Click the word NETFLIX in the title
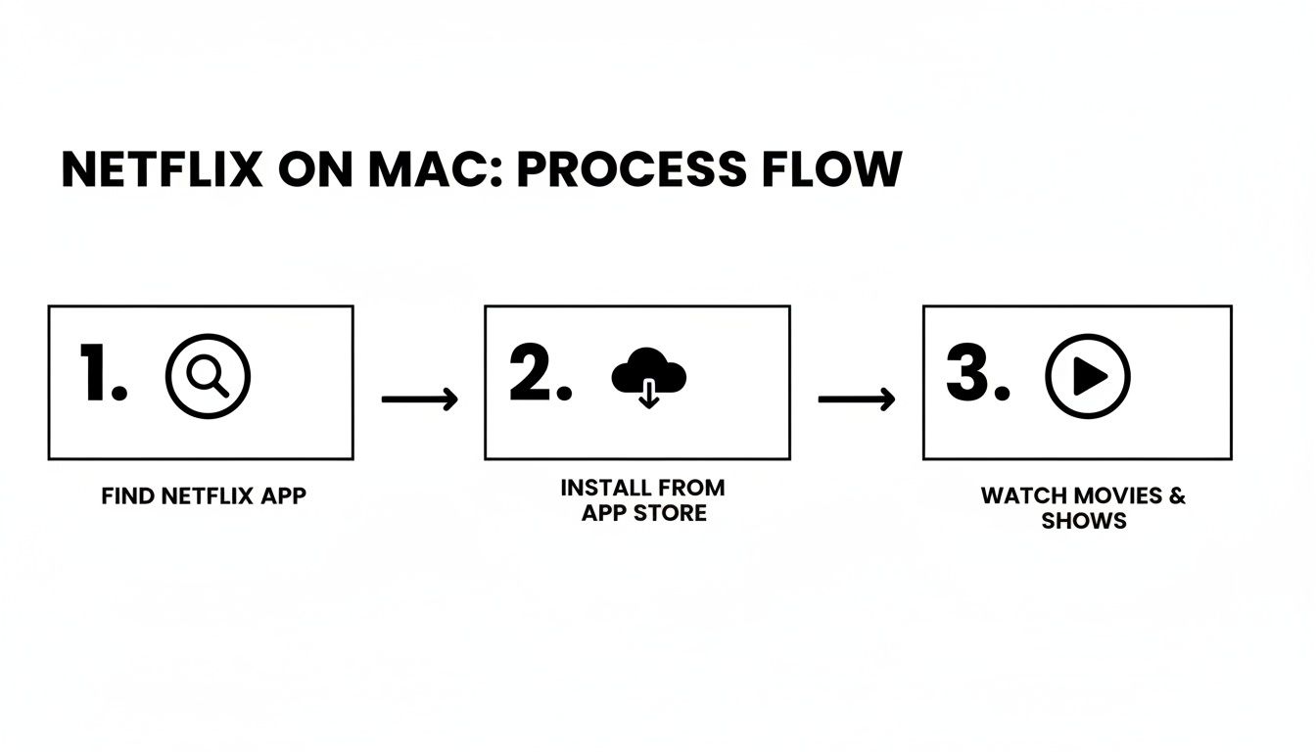(x=162, y=170)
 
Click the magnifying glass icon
(x=208, y=377)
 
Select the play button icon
(x=1088, y=377)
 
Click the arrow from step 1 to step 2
(x=419, y=399)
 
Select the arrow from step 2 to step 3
(x=856, y=399)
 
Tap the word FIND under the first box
(x=122, y=495)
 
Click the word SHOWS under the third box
(x=1084, y=521)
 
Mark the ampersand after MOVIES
(x=1176, y=494)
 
